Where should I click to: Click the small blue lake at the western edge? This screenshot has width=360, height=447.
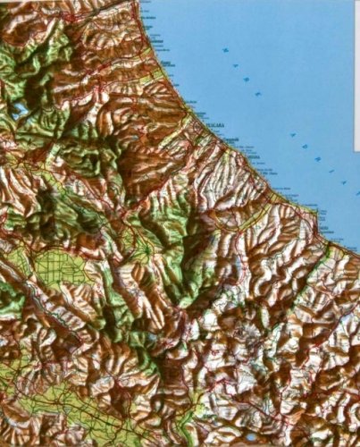click(x=18, y=111)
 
